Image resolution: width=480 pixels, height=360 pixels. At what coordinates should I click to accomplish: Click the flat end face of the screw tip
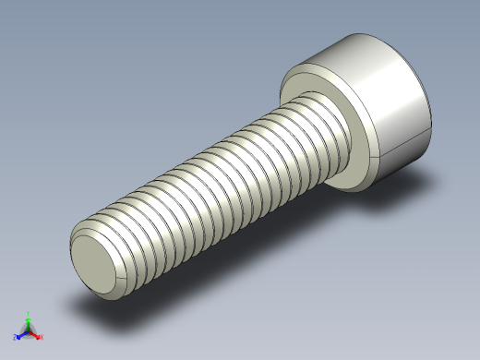click(x=98, y=264)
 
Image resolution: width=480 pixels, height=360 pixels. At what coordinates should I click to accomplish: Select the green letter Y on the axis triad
click(x=29, y=313)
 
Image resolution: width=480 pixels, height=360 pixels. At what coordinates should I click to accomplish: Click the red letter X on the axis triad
click(x=42, y=337)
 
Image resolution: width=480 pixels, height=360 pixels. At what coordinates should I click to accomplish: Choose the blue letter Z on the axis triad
click(x=16, y=338)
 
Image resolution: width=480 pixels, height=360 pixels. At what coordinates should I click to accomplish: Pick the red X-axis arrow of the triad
click(x=35, y=332)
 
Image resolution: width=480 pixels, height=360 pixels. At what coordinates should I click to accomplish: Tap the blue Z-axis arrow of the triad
click(x=22, y=333)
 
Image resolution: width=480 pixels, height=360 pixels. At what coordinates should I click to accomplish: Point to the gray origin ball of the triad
click(x=29, y=329)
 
